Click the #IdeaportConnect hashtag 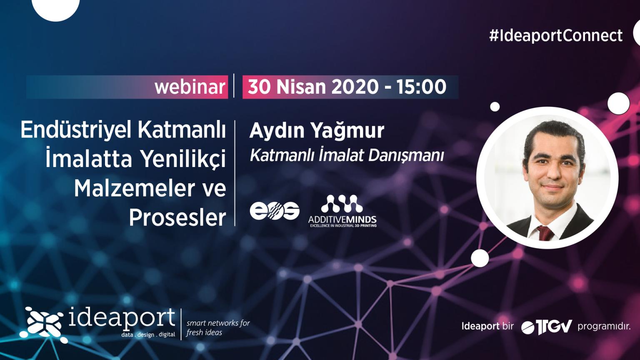tap(556, 36)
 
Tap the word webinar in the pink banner tap(190, 87)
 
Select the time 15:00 tap(421, 87)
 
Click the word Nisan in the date tap(301, 87)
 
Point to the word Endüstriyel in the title tap(76, 130)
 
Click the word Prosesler tap(177, 218)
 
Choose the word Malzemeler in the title tap(134, 188)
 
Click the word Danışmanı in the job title tap(406, 156)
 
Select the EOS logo tap(275, 211)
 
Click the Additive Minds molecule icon tap(342, 203)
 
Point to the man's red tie tap(545, 233)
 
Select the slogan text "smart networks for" tap(218, 323)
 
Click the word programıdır tap(604, 326)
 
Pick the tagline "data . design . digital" tap(148, 335)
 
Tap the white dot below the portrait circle tap(480, 258)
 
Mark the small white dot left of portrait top tap(495, 107)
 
